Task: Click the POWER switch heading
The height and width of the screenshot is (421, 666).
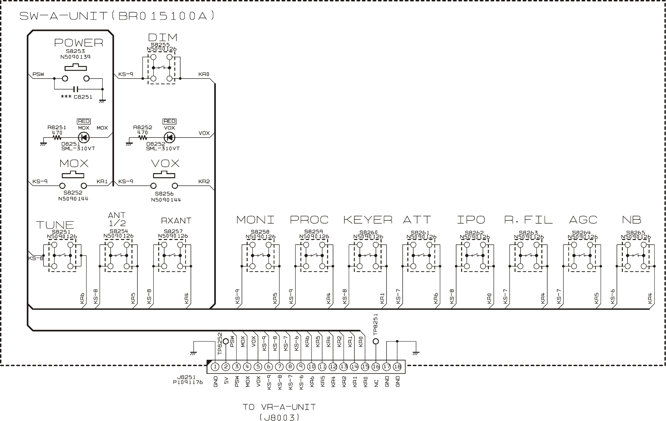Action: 78,43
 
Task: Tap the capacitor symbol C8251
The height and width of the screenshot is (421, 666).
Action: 76,89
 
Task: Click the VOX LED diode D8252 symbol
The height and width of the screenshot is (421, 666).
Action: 169,137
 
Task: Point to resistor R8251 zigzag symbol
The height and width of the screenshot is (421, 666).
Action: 57,137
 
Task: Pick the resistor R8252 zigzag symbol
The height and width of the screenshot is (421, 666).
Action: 143,137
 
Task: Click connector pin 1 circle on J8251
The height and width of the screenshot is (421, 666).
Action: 215,367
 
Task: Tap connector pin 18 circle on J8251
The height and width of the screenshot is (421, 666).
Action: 397,367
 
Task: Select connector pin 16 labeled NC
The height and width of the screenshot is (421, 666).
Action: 376,367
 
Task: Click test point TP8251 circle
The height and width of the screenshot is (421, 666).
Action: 376,341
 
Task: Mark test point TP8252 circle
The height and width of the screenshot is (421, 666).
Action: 226,341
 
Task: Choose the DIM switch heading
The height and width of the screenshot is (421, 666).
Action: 163,38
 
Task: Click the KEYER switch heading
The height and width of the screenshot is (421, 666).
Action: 368,220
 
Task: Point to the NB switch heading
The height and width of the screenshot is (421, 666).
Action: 631,220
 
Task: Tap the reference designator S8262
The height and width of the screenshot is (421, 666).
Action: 474,233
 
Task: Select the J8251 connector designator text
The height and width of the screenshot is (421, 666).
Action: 186,377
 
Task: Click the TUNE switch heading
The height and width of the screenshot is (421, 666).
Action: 55,225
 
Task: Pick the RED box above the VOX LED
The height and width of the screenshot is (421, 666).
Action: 169,121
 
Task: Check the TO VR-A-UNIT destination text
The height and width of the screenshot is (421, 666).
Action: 279,407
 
